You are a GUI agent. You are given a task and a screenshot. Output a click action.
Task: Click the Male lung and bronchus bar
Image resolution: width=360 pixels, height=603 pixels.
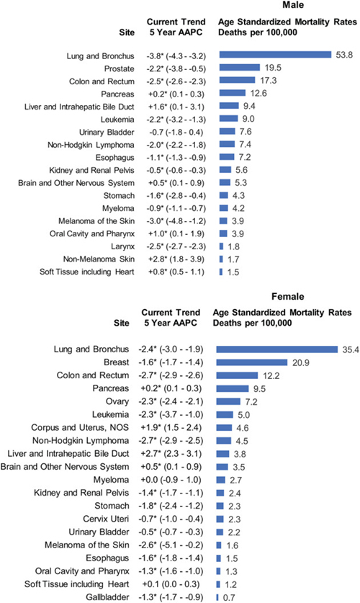(x=275, y=55)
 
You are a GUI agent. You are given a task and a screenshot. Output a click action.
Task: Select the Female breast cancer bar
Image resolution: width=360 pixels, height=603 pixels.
(x=252, y=362)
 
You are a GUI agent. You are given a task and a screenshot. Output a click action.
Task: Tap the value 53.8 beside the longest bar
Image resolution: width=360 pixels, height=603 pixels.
(x=344, y=55)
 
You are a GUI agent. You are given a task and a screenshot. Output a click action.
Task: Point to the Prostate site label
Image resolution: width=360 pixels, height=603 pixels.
(x=120, y=69)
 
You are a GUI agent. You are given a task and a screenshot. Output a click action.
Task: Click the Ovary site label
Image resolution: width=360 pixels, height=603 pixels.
(x=117, y=401)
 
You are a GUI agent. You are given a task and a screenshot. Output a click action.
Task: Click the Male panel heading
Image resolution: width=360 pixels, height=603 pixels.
(x=293, y=5)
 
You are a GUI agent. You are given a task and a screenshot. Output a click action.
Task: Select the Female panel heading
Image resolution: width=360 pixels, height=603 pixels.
(x=287, y=297)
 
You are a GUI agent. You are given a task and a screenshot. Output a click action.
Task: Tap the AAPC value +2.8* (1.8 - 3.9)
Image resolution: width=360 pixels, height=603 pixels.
(x=176, y=259)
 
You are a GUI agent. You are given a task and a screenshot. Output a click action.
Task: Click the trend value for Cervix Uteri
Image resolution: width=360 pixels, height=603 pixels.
(x=171, y=519)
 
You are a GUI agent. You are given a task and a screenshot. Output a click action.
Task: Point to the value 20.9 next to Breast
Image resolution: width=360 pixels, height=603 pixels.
(x=301, y=362)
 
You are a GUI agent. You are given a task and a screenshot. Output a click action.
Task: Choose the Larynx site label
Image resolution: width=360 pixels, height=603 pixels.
(x=122, y=246)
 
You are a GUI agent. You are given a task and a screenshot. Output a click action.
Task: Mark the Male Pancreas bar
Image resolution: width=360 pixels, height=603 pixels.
(x=233, y=93)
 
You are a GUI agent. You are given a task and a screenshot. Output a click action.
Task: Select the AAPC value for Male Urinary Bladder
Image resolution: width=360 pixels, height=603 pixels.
(x=176, y=133)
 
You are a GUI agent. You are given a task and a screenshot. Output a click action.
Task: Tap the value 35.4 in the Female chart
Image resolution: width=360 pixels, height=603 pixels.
(x=351, y=349)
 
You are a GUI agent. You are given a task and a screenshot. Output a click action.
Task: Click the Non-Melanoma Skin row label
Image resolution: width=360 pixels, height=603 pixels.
(x=99, y=259)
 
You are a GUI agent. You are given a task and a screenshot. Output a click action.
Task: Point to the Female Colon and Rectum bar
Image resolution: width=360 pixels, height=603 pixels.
(x=237, y=375)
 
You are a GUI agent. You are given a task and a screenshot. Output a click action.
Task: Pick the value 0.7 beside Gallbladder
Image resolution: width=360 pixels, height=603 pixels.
(x=228, y=598)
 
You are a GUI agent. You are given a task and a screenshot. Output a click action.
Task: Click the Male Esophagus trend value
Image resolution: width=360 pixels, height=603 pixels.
(x=176, y=158)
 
